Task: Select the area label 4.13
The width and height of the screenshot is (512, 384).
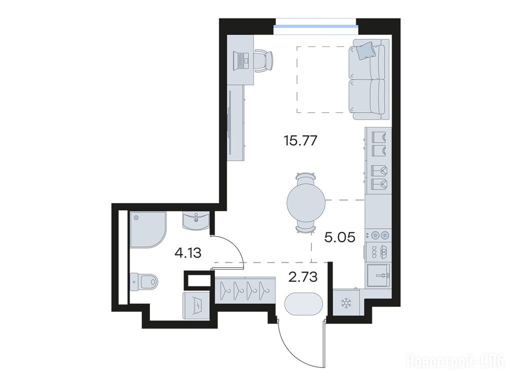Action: (x=187, y=252)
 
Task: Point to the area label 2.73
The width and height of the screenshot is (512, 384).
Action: (x=302, y=277)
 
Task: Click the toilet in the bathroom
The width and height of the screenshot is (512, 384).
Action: (x=143, y=281)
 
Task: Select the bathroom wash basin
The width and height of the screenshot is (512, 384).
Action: (x=195, y=220)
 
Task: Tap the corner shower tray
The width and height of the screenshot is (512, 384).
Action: (x=148, y=229)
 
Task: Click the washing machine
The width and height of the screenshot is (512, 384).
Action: (x=194, y=305)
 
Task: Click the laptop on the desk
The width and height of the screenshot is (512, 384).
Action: (x=241, y=61)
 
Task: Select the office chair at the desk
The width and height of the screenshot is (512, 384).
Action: (x=263, y=60)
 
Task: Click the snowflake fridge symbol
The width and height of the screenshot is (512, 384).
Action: (x=345, y=303)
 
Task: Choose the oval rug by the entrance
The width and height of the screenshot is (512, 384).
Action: (x=303, y=303)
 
